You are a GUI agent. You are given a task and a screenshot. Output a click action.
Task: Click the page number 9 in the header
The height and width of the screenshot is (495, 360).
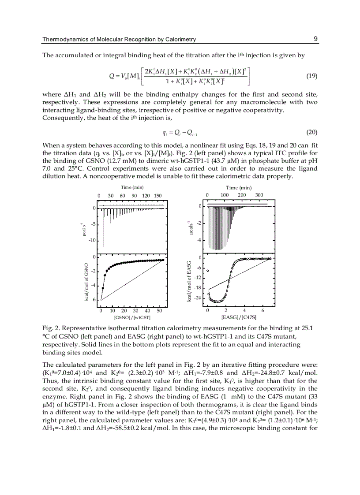[315, 39]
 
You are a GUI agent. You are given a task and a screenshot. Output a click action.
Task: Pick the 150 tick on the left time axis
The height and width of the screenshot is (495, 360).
[157, 196]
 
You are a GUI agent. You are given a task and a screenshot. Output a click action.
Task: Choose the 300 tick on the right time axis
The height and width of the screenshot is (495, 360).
[259, 194]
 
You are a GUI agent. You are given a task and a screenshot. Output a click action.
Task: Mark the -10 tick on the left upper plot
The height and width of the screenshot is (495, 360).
[92, 240]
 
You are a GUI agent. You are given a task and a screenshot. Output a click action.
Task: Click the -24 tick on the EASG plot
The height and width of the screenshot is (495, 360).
[198, 298]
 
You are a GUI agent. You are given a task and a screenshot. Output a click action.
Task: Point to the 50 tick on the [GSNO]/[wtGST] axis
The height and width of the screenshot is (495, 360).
[159, 310]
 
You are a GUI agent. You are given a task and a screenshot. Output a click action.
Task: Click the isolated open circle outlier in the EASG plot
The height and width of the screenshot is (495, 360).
[208, 271]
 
